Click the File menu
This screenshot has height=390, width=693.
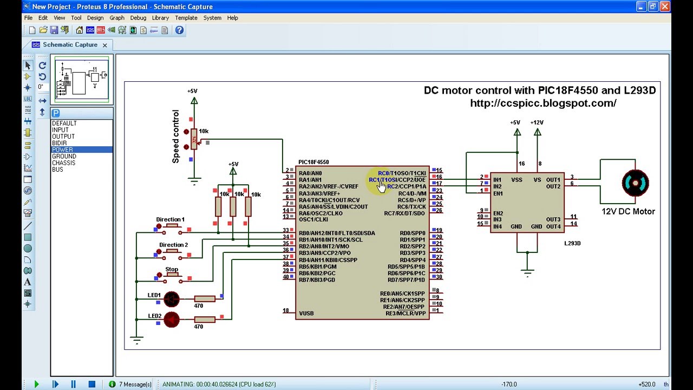point(28,18)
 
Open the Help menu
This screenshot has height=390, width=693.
point(232,18)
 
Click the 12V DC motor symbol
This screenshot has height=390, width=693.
point(635,183)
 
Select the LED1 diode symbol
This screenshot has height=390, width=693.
point(172,298)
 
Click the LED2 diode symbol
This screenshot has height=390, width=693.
point(172,320)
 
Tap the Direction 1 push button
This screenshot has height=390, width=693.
point(172,226)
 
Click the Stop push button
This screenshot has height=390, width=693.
point(172,276)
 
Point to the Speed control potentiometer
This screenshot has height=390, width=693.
point(194,140)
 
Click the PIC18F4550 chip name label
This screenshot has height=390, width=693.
point(313,162)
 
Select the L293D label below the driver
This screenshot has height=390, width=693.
point(572,243)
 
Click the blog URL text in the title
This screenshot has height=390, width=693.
point(543,103)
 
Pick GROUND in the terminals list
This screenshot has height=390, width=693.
point(64,156)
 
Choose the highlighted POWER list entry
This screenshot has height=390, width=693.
point(63,149)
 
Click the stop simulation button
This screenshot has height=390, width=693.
point(91,384)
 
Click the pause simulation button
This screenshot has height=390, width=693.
point(73,384)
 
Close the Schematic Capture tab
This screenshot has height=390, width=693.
point(104,45)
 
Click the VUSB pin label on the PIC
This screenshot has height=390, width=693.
point(306,313)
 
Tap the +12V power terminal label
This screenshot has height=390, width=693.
point(537,122)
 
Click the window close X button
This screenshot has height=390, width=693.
point(665,6)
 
